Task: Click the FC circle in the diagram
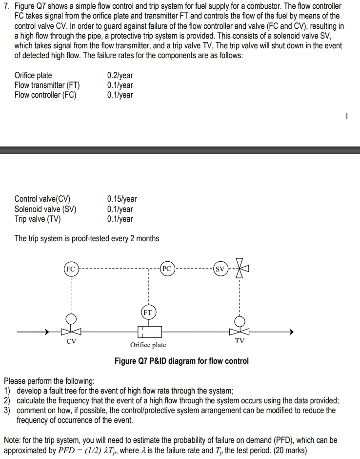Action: point(71,269)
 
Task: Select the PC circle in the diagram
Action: point(167,269)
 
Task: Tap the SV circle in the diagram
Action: point(220,269)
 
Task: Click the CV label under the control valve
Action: point(71,342)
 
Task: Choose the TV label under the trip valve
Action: point(240,341)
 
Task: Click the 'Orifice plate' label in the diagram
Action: point(148,345)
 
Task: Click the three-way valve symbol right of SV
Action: point(240,269)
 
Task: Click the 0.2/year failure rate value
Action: point(120,75)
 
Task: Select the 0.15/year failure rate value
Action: point(121,199)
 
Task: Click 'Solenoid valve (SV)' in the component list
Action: point(45,209)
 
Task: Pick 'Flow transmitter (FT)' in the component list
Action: point(47,85)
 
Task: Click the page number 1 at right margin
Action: point(347,116)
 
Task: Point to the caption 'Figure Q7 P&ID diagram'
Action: point(181,361)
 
